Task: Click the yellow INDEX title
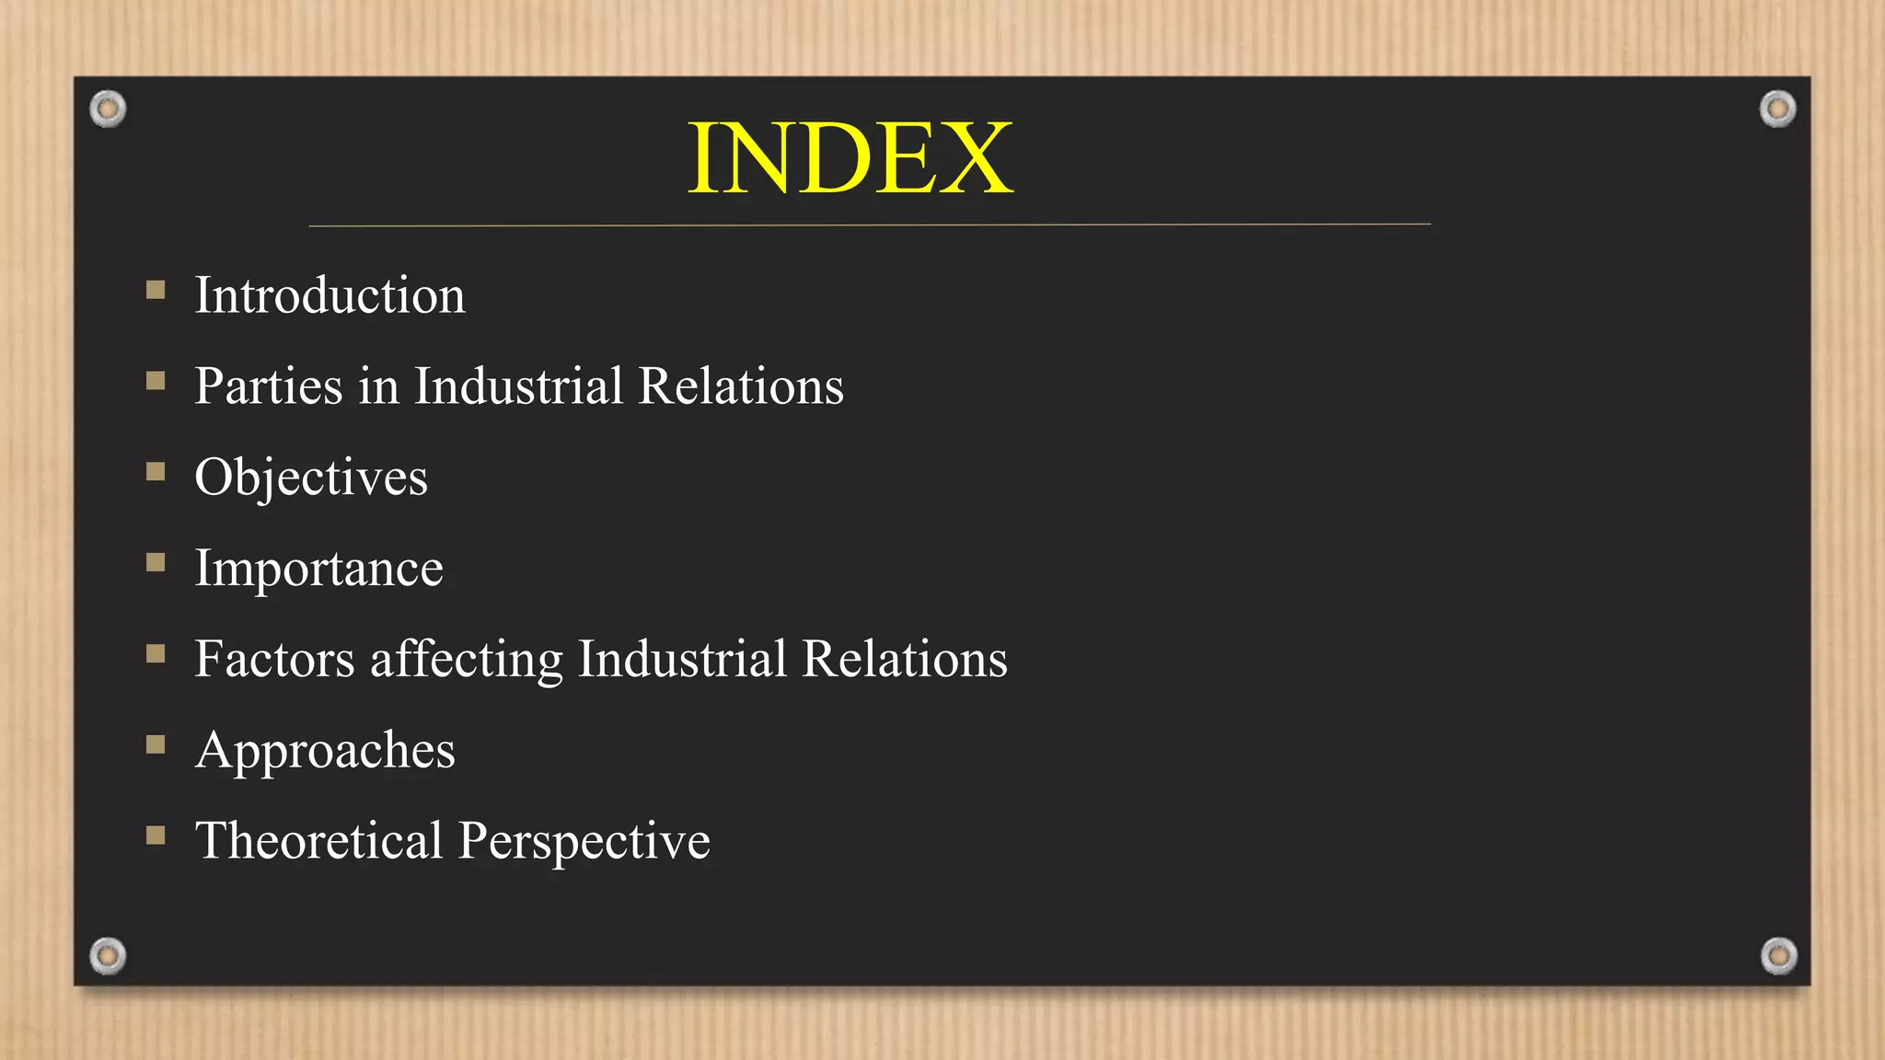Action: pyautogui.click(x=850, y=159)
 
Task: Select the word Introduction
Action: pyautogui.click(x=330, y=296)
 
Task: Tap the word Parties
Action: pyautogui.click(x=269, y=386)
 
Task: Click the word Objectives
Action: pyautogui.click(x=311, y=478)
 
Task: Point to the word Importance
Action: pyautogui.click(x=318, y=569)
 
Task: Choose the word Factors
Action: pyautogui.click(x=274, y=659)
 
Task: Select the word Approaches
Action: pyautogui.click(x=325, y=751)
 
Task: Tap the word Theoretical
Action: pyautogui.click(x=318, y=841)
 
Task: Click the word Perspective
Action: pyautogui.click(x=584, y=841)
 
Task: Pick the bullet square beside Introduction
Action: pyautogui.click(x=156, y=291)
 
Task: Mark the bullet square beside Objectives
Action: pyautogui.click(x=156, y=472)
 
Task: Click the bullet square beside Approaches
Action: pyautogui.click(x=156, y=744)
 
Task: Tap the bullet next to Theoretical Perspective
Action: pyautogui.click(x=156, y=835)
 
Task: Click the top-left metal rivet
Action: pyautogui.click(x=108, y=109)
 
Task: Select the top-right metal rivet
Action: pyautogui.click(x=1777, y=109)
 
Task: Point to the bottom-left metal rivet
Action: pyautogui.click(x=108, y=956)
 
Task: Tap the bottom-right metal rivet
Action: pyautogui.click(x=1778, y=956)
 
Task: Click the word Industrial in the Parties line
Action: pyautogui.click(x=518, y=386)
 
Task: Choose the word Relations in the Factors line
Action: pyautogui.click(x=904, y=659)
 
